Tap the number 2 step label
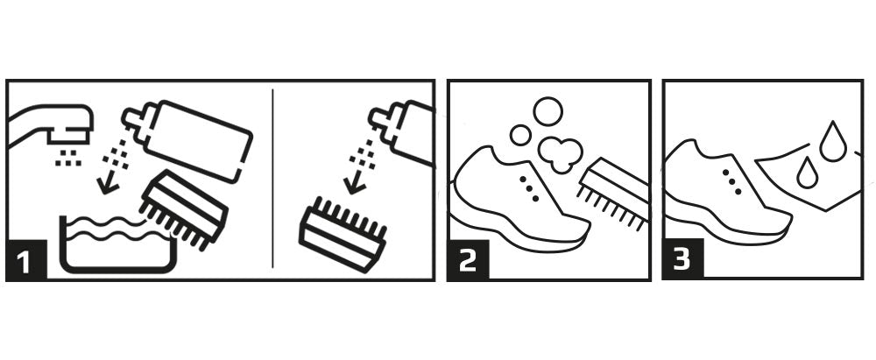(x=468, y=260)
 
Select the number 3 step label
(x=682, y=258)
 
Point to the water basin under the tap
(x=117, y=245)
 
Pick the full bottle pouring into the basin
(x=190, y=140)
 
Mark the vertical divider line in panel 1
(x=272, y=178)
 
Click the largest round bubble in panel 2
(x=547, y=111)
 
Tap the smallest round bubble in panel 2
(x=520, y=135)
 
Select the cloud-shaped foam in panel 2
(x=560, y=153)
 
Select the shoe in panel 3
(x=726, y=193)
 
